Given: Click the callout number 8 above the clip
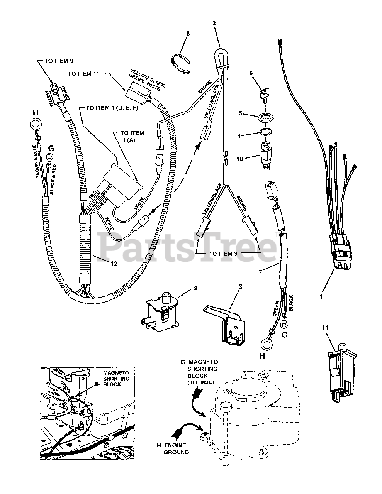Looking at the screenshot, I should click(x=188, y=34).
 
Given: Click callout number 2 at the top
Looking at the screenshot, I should click(x=213, y=23).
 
